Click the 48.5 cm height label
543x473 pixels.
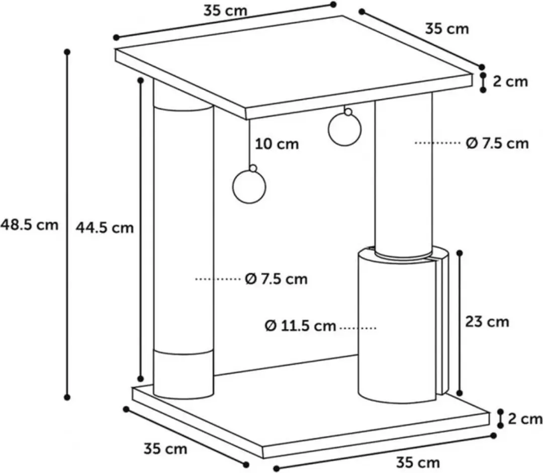[29, 225]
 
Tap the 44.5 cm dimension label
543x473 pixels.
[105, 227]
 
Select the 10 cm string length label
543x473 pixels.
[277, 144]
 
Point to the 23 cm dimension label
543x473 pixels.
[487, 322]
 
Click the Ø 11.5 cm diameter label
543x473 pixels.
[301, 326]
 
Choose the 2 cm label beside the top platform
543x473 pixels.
[510, 82]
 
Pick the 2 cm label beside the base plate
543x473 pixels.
[525, 419]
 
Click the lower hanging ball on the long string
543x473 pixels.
[249, 187]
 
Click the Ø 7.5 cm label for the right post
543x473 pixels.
[497, 143]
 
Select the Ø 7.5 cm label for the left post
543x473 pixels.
[277, 279]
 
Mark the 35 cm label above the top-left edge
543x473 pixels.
[225, 11]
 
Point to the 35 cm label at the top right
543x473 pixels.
[447, 29]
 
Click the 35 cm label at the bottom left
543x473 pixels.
[165, 449]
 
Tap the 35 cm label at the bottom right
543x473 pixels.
[418, 462]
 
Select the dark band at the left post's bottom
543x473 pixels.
[183, 374]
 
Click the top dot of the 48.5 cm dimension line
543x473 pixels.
[67, 52]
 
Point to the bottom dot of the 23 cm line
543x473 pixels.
[460, 393]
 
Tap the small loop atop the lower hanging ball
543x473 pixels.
[253, 168]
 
